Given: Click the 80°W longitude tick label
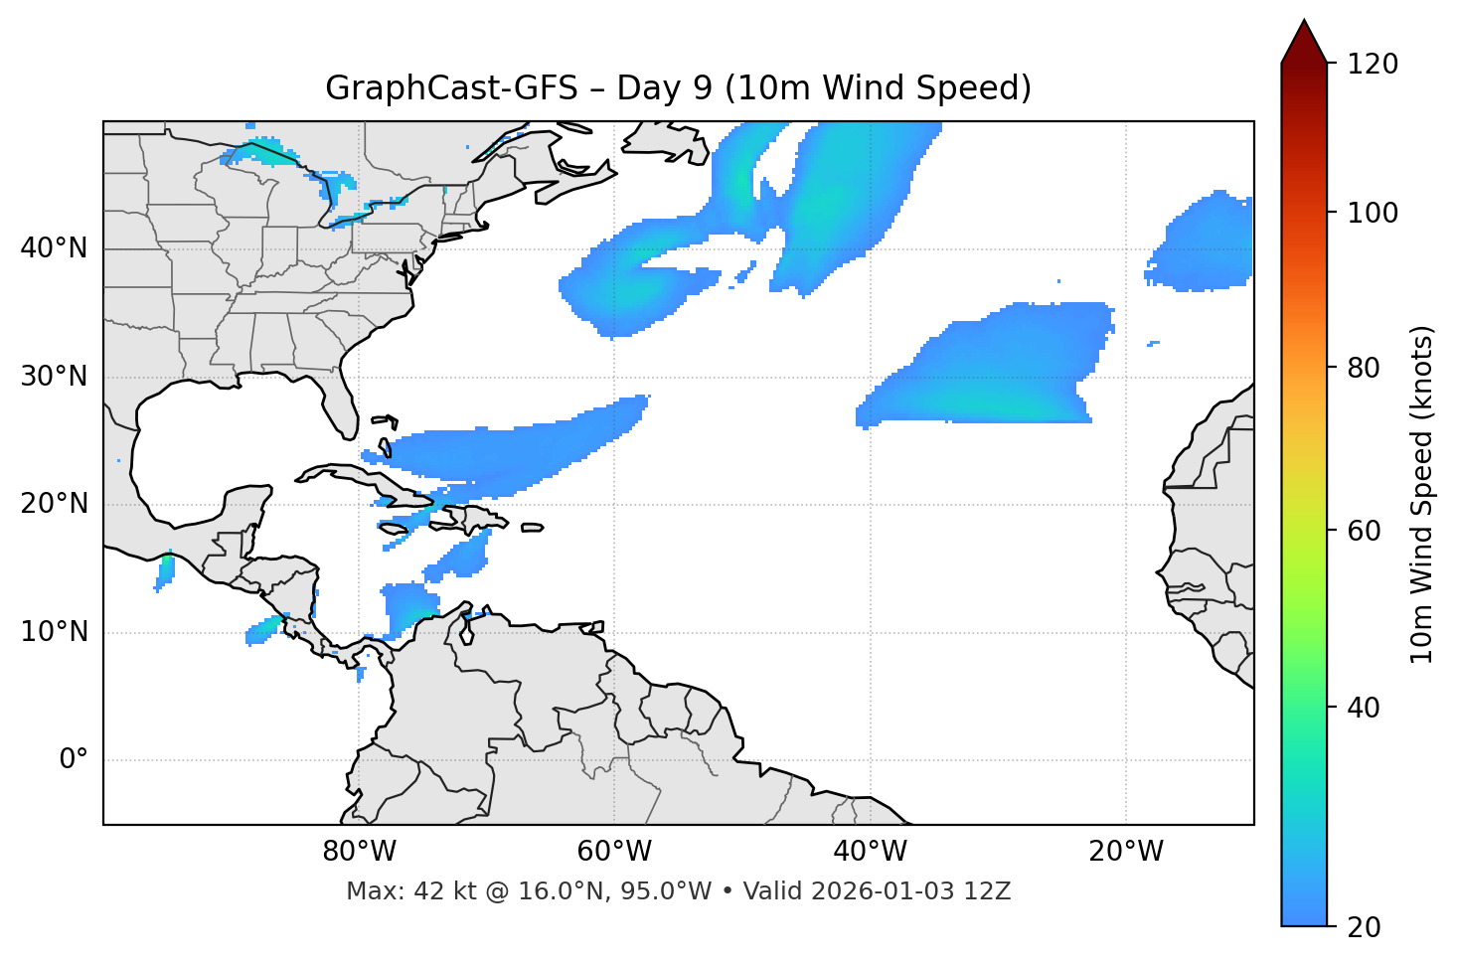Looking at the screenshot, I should [359, 852].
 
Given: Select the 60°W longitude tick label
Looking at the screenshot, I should [614, 852].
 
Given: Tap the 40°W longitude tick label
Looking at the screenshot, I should [870, 852].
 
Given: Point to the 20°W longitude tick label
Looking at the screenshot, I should [1125, 852].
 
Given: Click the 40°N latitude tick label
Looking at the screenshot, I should [54, 248].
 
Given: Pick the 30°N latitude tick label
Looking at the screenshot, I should [54, 377].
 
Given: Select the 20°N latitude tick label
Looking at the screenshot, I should [54, 504].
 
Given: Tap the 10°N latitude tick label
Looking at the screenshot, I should [54, 632].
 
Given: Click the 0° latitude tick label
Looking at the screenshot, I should [74, 760].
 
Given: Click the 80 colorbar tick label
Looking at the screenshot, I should [1364, 368].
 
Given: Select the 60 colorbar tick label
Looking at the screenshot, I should [1364, 531].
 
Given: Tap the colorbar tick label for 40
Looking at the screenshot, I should [1364, 708].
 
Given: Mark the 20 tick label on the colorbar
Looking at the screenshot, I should [1364, 927].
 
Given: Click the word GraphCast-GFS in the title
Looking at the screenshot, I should [451, 88].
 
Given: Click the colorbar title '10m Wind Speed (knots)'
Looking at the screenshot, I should [1421, 494].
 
